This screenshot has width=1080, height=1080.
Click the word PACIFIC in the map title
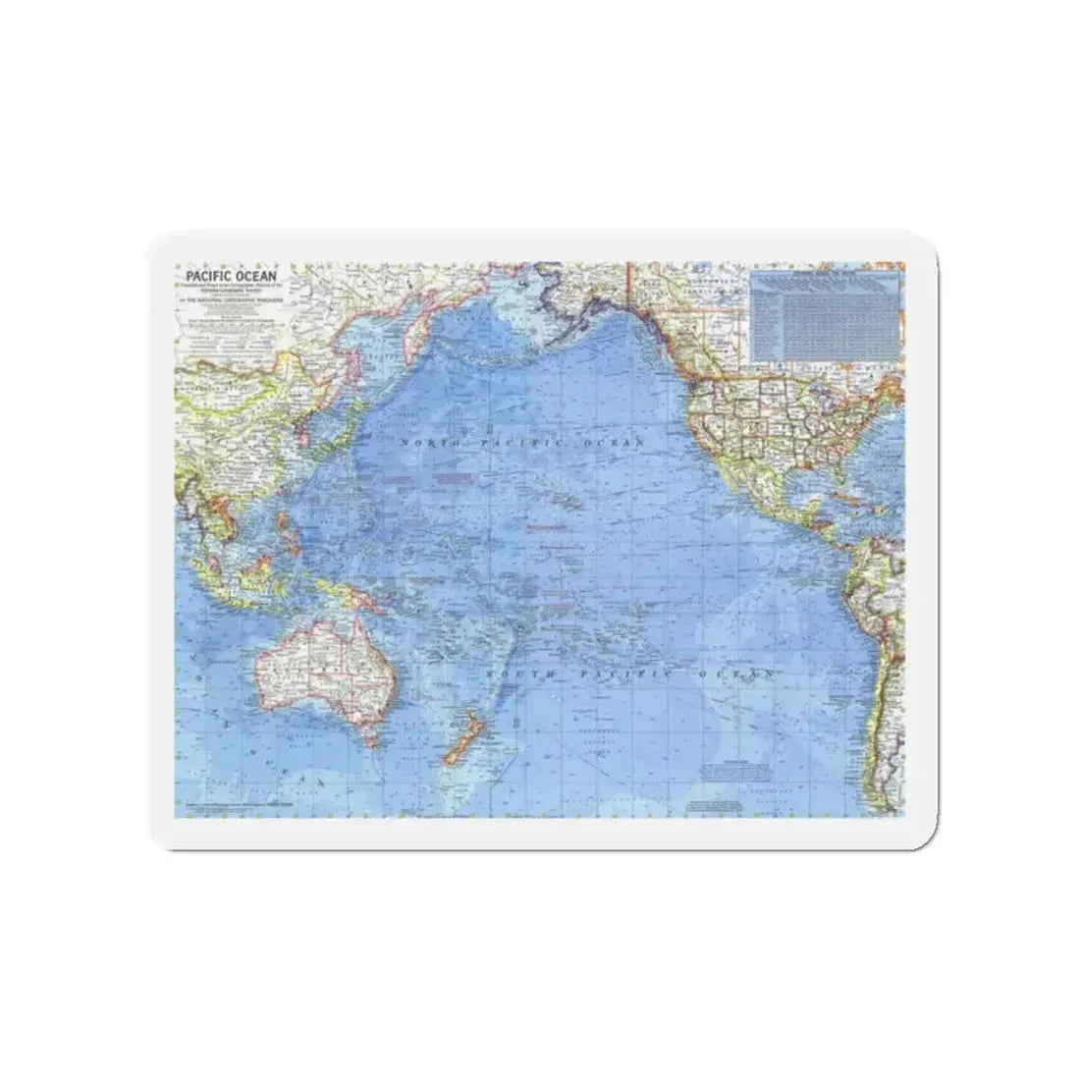pyautogui.click(x=200, y=275)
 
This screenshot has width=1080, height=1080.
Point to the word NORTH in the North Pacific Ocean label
pyautogui.click(x=429, y=445)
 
